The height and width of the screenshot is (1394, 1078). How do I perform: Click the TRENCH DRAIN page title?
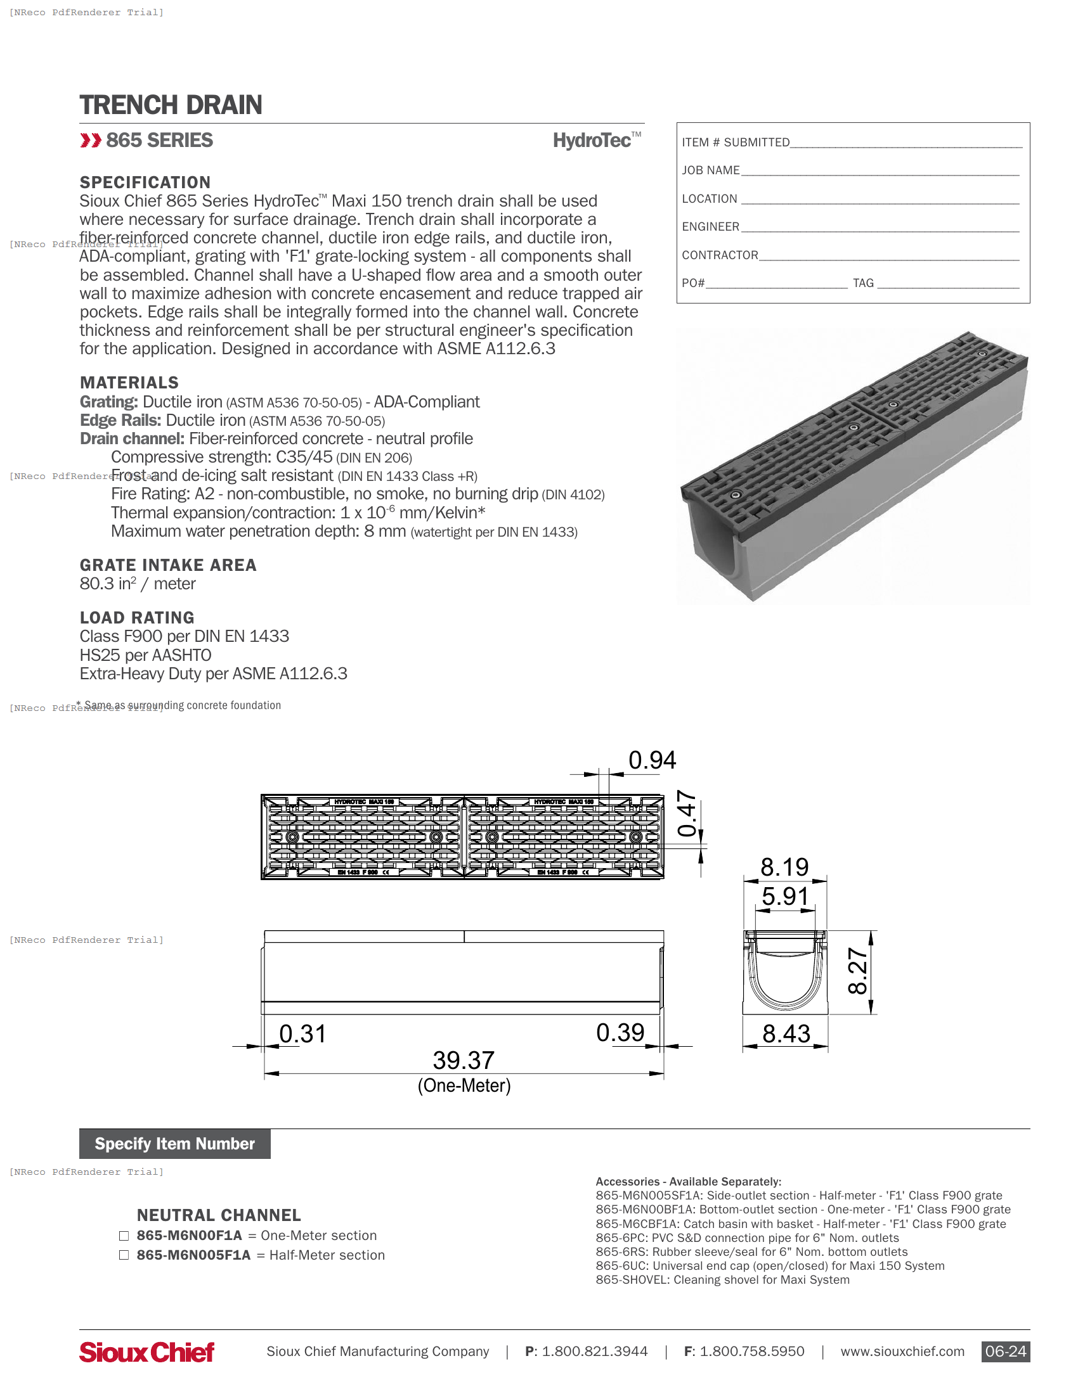[x=171, y=105]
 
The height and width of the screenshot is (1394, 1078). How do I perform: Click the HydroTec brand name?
[x=592, y=141]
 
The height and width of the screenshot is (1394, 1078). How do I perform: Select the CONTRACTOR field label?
[x=720, y=255]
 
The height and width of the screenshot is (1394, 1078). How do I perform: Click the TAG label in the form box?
[x=863, y=283]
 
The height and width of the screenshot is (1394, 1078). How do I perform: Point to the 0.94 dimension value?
[x=651, y=760]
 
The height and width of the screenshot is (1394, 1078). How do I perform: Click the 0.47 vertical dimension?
[x=687, y=813]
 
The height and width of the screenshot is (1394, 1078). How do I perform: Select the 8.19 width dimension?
[x=784, y=867]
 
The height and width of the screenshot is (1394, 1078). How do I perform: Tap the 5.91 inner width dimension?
[x=785, y=896]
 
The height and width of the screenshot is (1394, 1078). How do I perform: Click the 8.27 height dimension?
[x=858, y=971]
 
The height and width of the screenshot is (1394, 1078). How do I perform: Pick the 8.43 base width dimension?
[x=786, y=1034]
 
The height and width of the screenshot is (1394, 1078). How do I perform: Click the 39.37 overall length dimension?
[x=464, y=1060]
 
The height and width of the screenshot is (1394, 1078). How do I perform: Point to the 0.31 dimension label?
[x=302, y=1034]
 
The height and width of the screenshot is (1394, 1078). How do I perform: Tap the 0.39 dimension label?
[x=620, y=1033]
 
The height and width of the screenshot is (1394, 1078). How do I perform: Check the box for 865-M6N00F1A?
[x=124, y=1236]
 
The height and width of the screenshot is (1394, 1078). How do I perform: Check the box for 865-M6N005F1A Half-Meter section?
[x=124, y=1255]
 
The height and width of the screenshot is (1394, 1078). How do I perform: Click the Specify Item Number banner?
[x=174, y=1144]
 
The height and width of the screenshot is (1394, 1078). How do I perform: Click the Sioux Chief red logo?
[x=147, y=1352]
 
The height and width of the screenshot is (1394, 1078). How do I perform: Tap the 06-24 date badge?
[x=1005, y=1352]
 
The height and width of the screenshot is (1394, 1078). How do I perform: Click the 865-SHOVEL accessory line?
[x=722, y=1280]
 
